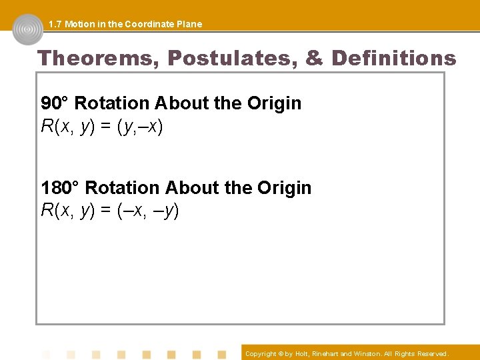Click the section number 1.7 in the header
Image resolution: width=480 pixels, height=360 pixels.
55,24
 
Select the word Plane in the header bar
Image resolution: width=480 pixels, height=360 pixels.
189,24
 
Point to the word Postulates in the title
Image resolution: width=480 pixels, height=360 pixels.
230,58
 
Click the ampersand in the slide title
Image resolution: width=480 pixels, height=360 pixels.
314,58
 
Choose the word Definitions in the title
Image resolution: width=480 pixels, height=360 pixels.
393,58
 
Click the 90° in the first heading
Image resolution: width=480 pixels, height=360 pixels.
55,103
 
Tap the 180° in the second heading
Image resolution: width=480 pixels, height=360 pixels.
61,187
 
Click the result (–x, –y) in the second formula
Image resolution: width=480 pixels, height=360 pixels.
147,211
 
